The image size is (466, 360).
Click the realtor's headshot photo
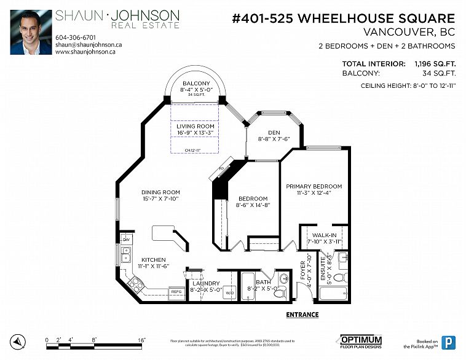coord(31,32)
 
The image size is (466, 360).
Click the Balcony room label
coord(196,84)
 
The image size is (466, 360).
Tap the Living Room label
coord(195,126)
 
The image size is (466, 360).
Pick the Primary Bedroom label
coord(314,186)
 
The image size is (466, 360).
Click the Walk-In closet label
coord(323,235)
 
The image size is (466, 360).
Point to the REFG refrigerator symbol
coord(176,291)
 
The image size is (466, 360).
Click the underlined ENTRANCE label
coord(302,315)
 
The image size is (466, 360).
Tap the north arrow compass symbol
coord(20,341)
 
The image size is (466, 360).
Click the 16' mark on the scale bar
coord(141,340)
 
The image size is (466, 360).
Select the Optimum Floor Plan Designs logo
coord(361,342)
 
